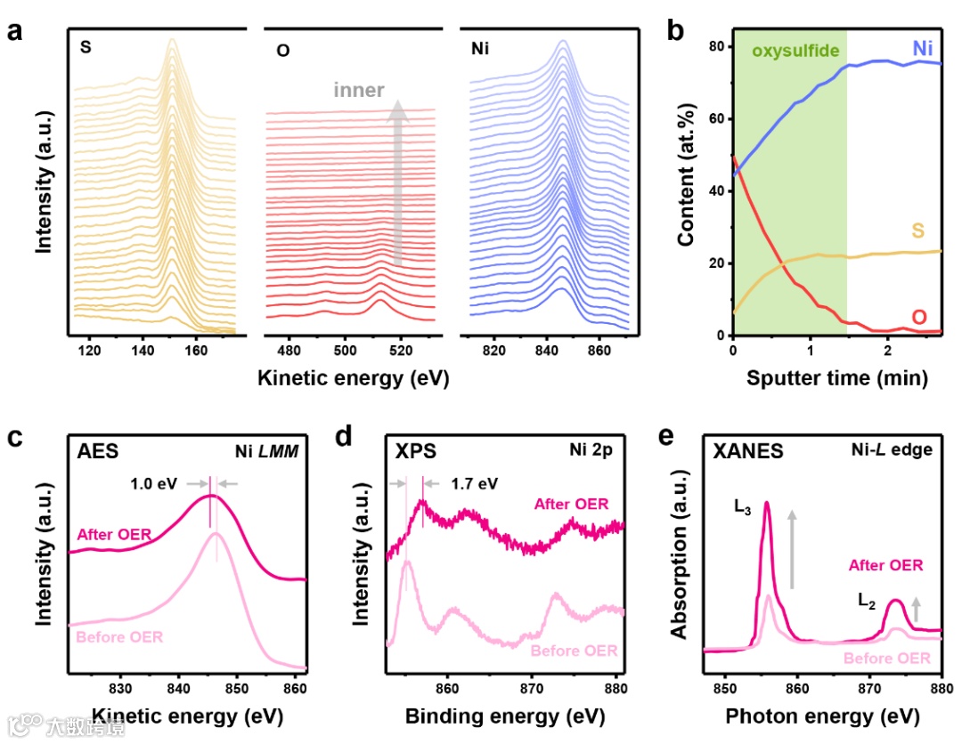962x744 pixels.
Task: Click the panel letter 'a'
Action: pos(14,32)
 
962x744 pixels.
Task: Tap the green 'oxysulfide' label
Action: pos(795,51)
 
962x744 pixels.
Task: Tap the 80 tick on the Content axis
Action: pos(716,46)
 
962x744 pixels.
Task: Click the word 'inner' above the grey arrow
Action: pos(359,90)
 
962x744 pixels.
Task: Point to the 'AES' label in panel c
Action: pos(97,451)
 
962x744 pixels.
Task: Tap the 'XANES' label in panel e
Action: pos(748,451)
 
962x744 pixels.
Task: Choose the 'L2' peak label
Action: pos(867,601)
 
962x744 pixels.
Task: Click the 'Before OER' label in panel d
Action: pos(574,651)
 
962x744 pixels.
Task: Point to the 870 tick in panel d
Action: pos(531,687)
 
